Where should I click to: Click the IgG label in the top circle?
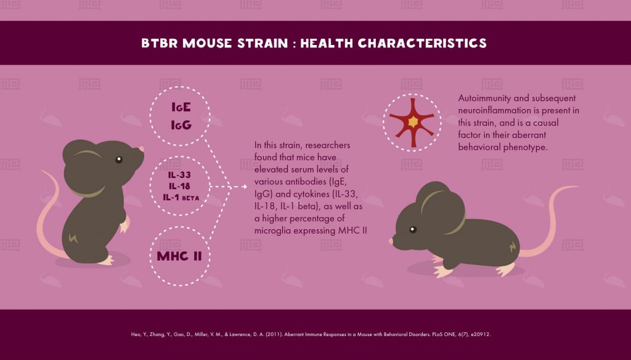pyautogui.click(x=181, y=125)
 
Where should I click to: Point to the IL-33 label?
pyautogui.click(x=181, y=175)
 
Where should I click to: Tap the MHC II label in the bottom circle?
pyautogui.click(x=180, y=255)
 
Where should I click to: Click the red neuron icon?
pyautogui.click(x=412, y=122)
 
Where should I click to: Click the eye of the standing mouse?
pyautogui.click(x=119, y=160)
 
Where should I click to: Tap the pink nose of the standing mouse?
pyautogui.click(x=141, y=149)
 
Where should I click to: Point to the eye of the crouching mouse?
pyautogui.click(x=412, y=230)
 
